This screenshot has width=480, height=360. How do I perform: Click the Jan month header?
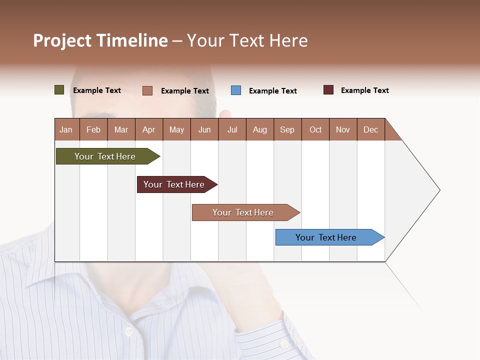tap(66, 129)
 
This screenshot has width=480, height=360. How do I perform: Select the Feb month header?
tap(93, 129)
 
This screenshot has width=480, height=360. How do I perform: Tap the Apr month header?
tap(148, 129)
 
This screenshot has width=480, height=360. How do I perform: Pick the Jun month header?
tap(204, 129)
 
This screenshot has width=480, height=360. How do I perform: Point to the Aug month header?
tap(260, 129)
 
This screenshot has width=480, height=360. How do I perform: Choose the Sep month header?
tap(287, 129)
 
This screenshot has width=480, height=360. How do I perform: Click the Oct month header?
tap(315, 129)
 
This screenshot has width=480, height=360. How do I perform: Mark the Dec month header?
tap(370, 129)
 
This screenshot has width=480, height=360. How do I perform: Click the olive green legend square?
tap(59, 90)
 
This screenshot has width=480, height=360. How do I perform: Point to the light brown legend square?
tap(147, 90)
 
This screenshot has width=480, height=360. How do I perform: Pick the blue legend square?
tap(236, 90)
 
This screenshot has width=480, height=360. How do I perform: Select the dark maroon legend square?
tap(328, 90)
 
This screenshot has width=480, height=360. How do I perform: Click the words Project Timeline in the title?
tap(100, 40)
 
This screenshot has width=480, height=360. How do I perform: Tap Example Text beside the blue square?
tap(272, 91)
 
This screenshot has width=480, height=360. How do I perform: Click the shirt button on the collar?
tap(128, 331)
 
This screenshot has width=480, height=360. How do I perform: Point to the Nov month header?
tap(343, 129)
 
